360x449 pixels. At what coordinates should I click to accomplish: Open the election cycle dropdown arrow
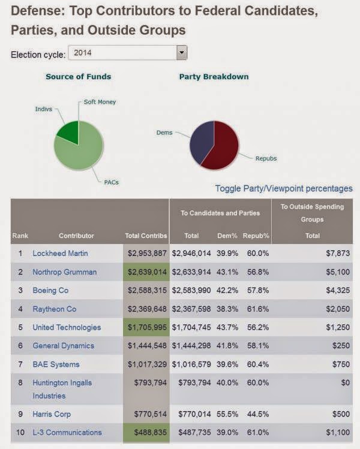[x=182, y=53]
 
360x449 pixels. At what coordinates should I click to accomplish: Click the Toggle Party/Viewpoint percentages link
[x=284, y=188]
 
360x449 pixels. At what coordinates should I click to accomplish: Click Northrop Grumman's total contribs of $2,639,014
[x=146, y=272]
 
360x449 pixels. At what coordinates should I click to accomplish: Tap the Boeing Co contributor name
[x=50, y=290]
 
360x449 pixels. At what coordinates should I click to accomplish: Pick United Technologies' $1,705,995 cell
[x=146, y=327]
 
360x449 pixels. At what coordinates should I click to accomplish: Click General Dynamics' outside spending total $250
[x=341, y=346]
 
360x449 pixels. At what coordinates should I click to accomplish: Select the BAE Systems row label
[x=56, y=364]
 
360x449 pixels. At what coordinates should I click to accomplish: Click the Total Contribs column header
[x=146, y=236]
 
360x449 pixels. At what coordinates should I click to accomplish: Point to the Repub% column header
[x=256, y=236]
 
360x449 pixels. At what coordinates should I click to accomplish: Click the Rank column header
[x=20, y=236]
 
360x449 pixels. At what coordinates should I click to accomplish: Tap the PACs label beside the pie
[x=110, y=182]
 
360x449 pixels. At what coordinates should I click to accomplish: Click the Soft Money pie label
[x=100, y=102]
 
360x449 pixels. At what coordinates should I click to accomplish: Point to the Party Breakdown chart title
[x=214, y=77]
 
